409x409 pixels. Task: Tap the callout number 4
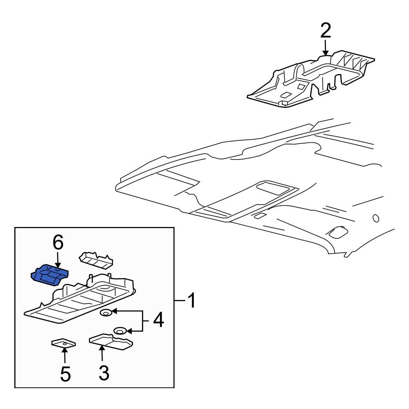pyautogui.click(x=158, y=320)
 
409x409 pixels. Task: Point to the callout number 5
pyautogui.click(x=65, y=373)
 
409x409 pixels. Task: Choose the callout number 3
pyautogui.click(x=104, y=373)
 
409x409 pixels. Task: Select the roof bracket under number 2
pyautogui.click(x=311, y=80)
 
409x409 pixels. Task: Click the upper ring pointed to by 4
pyautogui.click(x=106, y=313)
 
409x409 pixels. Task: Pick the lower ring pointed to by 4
pyautogui.click(x=120, y=330)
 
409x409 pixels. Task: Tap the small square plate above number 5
pyautogui.click(x=63, y=344)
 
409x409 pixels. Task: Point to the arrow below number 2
pyautogui.click(x=325, y=49)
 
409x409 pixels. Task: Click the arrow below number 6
pyautogui.click(x=58, y=261)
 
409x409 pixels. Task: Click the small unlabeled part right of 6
pyautogui.click(x=96, y=260)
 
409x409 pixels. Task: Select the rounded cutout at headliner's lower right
pyautogui.click(x=337, y=232)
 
